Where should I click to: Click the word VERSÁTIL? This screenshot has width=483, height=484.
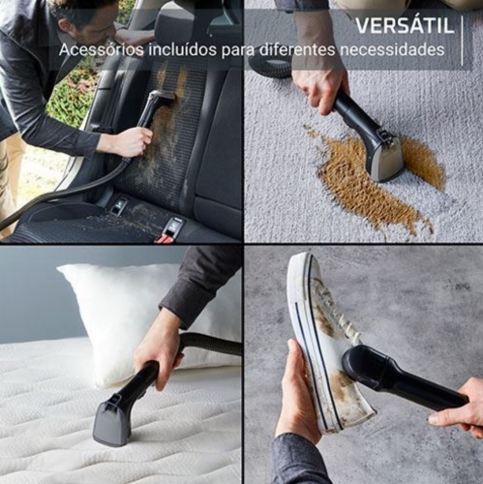[405, 25]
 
